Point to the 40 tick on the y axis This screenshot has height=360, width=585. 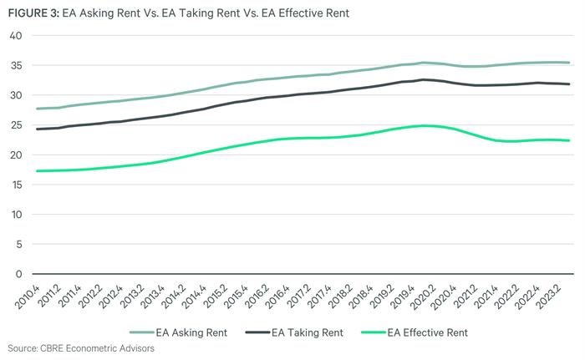[x=15, y=36]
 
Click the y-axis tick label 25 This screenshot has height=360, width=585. [x=15, y=125]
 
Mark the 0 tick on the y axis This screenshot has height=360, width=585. [x=18, y=274]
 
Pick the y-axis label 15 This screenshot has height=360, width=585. [x=15, y=185]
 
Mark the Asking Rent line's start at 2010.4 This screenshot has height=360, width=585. [x=38, y=109]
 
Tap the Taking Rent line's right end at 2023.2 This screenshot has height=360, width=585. [x=570, y=84]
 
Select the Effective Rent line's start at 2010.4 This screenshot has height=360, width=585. [x=38, y=171]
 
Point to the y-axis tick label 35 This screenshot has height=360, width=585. [x=15, y=65]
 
